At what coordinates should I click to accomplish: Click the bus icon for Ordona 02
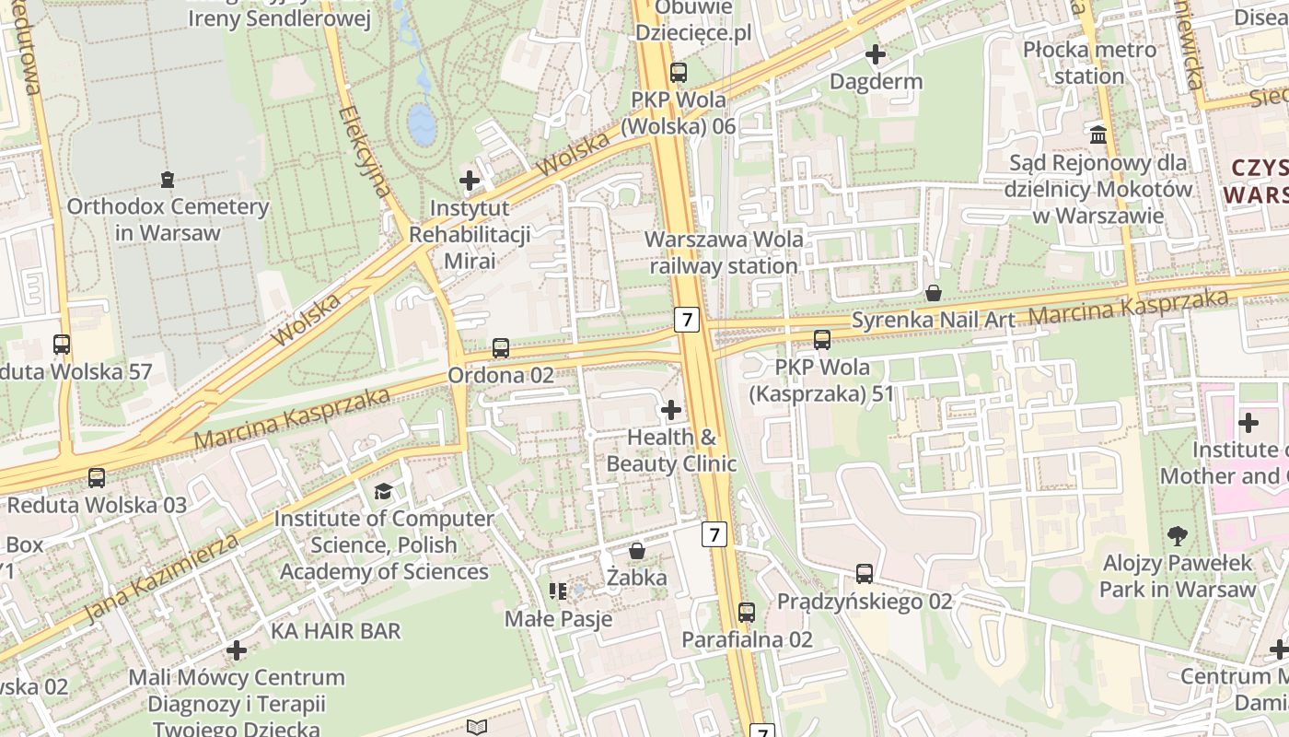(x=501, y=348)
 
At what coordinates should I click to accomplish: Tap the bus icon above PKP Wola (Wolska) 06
(x=679, y=72)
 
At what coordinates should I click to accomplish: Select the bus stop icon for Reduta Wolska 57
(x=62, y=345)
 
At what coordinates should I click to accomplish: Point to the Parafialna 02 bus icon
(x=747, y=612)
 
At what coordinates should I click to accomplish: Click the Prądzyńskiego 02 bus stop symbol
(x=865, y=574)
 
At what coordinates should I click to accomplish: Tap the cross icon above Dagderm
(x=876, y=54)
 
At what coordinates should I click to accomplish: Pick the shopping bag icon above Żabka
(x=636, y=551)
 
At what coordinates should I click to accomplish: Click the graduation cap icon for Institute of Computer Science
(x=383, y=492)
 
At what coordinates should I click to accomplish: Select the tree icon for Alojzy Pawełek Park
(x=1177, y=535)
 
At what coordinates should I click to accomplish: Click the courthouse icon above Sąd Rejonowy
(x=1098, y=135)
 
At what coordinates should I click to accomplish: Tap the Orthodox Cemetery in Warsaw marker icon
(x=167, y=179)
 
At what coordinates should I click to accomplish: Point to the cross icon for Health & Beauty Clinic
(x=671, y=410)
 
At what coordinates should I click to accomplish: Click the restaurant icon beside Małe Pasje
(x=557, y=591)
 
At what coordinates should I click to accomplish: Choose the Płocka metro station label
(x=1089, y=63)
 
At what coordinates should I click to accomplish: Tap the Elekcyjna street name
(x=366, y=152)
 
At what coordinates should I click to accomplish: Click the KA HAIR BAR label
(x=336, y=631)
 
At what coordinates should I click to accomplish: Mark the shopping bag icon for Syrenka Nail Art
(x=934, y=293)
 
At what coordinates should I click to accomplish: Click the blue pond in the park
(x=422, y=123)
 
